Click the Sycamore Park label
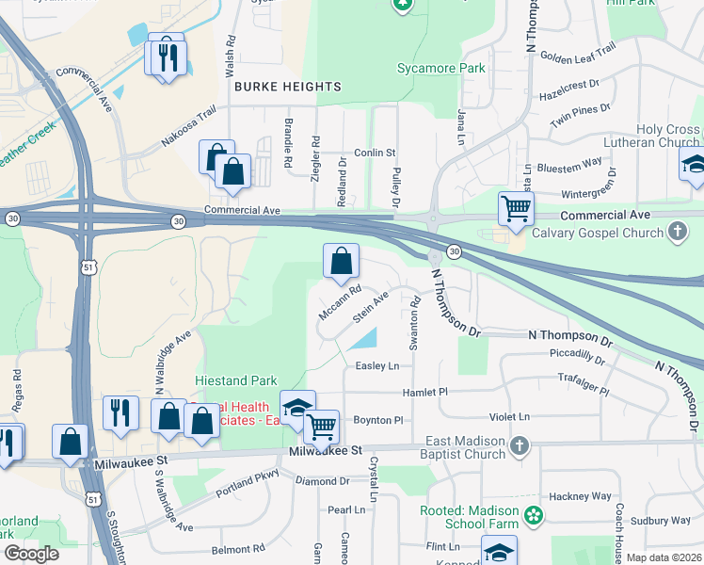click(441, 68)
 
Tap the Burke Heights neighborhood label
click(287, 87)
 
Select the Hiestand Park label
click(236, 380)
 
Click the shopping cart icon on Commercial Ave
click(515, 208)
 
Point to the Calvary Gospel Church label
click(600, 233)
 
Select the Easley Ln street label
click(377, 365)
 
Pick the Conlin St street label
click(375, 153)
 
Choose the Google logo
click(32, 554)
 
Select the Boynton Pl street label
click(377, 420)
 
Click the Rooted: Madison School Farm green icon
click(534, 514)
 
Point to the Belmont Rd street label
click(238, 549)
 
